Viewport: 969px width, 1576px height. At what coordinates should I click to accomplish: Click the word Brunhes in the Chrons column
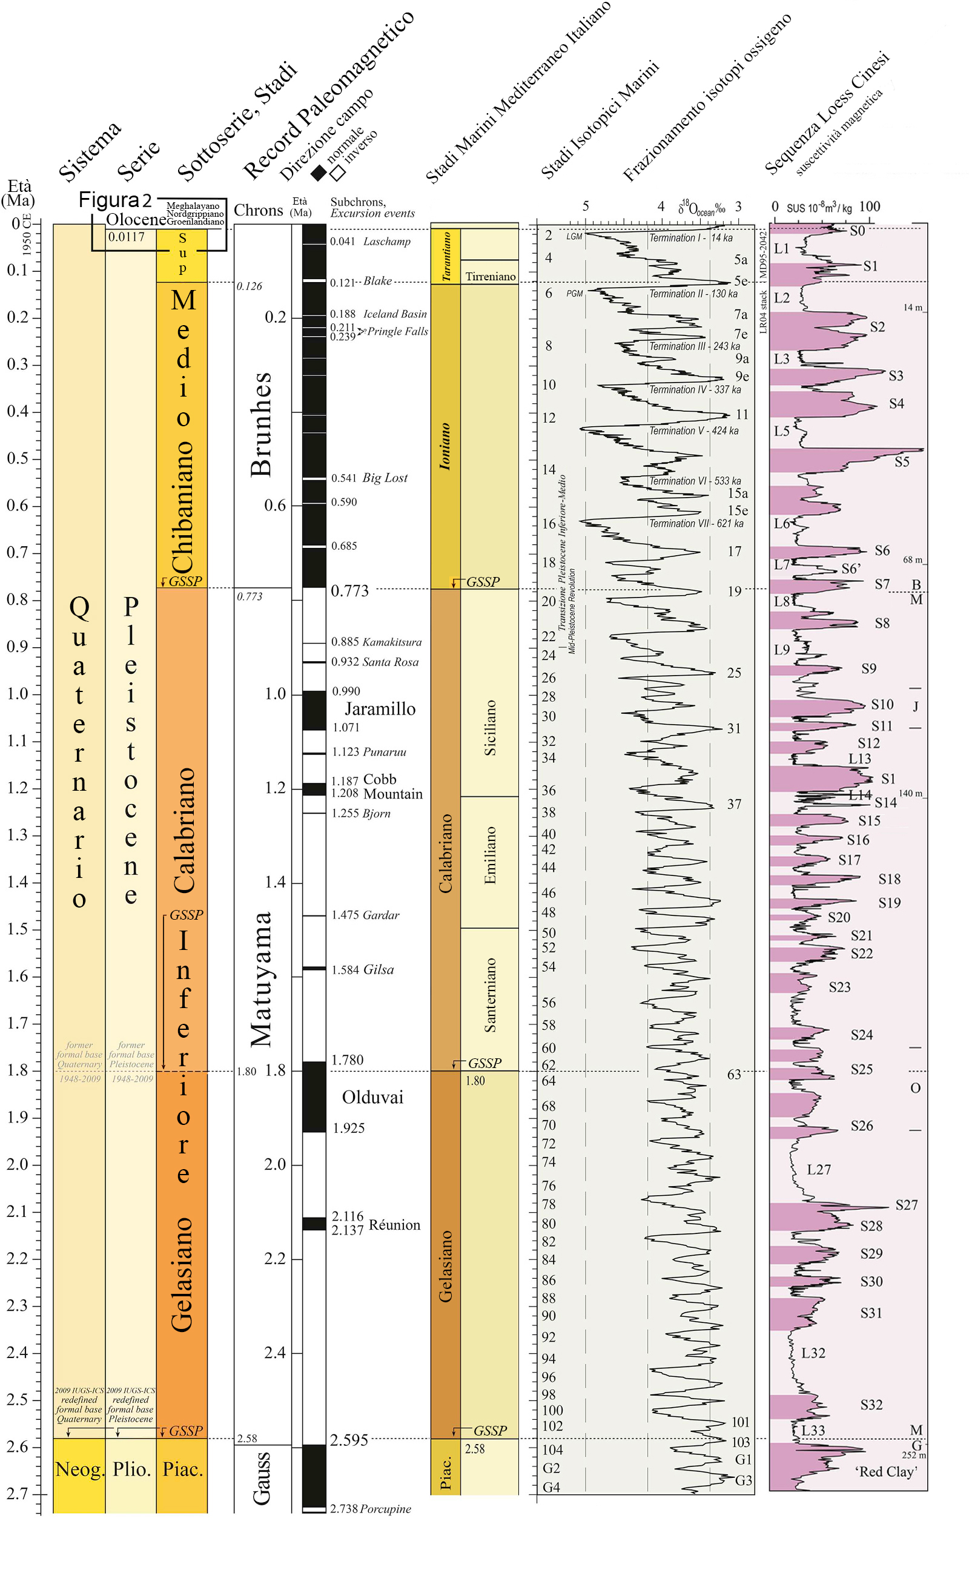click(262, 424)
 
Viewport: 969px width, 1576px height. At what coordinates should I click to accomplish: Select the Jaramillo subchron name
click(380, 708)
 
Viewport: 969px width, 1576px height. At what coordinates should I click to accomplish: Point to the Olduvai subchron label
click(372, 1098)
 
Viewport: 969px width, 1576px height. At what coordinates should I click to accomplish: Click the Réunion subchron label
click(395, 1225)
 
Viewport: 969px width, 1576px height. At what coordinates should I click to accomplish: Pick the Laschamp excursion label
click(386, 242)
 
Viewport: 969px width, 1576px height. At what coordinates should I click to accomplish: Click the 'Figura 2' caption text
click(114, 200)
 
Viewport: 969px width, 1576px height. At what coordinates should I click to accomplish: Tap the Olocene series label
click(136, 219)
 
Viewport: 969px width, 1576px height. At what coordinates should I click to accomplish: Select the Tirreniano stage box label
click(491, 277)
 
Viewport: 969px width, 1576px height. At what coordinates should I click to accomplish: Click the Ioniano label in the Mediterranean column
click(445, 447)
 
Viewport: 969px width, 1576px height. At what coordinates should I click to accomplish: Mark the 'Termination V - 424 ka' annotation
click(693, 431)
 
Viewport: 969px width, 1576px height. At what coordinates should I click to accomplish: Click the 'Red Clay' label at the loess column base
click(885, 1472)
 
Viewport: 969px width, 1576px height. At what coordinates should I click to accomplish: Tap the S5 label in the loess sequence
click(902, 462)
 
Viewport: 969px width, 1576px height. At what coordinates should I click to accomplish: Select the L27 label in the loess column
click(818, 1170)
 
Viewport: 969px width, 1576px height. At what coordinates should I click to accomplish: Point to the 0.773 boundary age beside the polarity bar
click(349, 591)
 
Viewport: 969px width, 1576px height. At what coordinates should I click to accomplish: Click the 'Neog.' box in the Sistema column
click(79, 1469)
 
